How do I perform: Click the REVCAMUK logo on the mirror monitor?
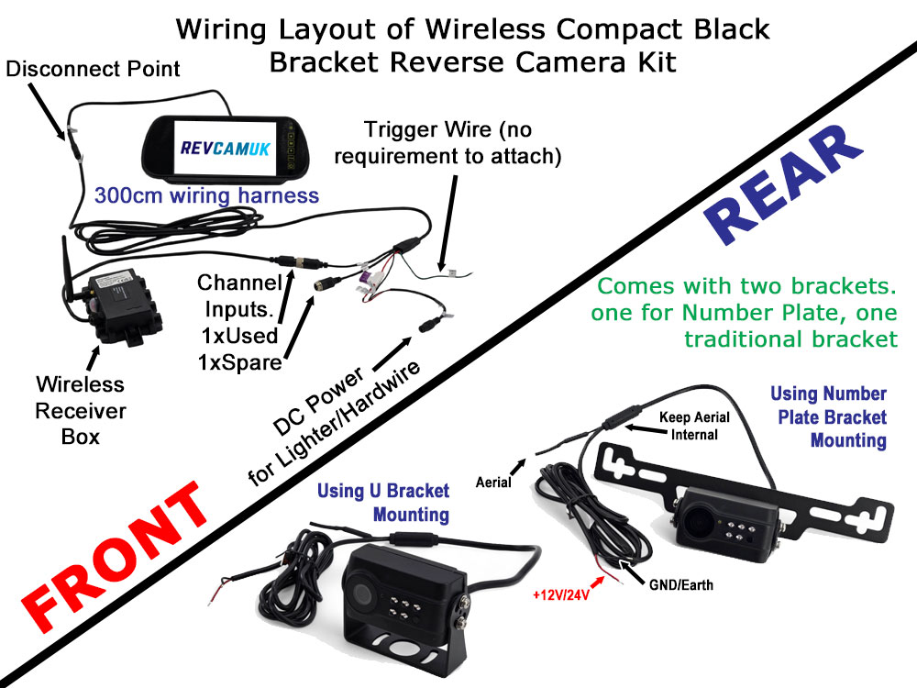click(226, 150)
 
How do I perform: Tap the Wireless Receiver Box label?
click(80, 409)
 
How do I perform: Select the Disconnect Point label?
click(93, 69)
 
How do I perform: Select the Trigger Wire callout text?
click(447, 142)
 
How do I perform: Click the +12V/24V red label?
click(559, 594)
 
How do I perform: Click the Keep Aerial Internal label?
click(694, 426)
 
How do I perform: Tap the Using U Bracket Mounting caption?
click(383, 502)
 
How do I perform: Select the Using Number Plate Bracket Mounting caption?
click(827, 417)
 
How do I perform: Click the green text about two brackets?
click(744, 313)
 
